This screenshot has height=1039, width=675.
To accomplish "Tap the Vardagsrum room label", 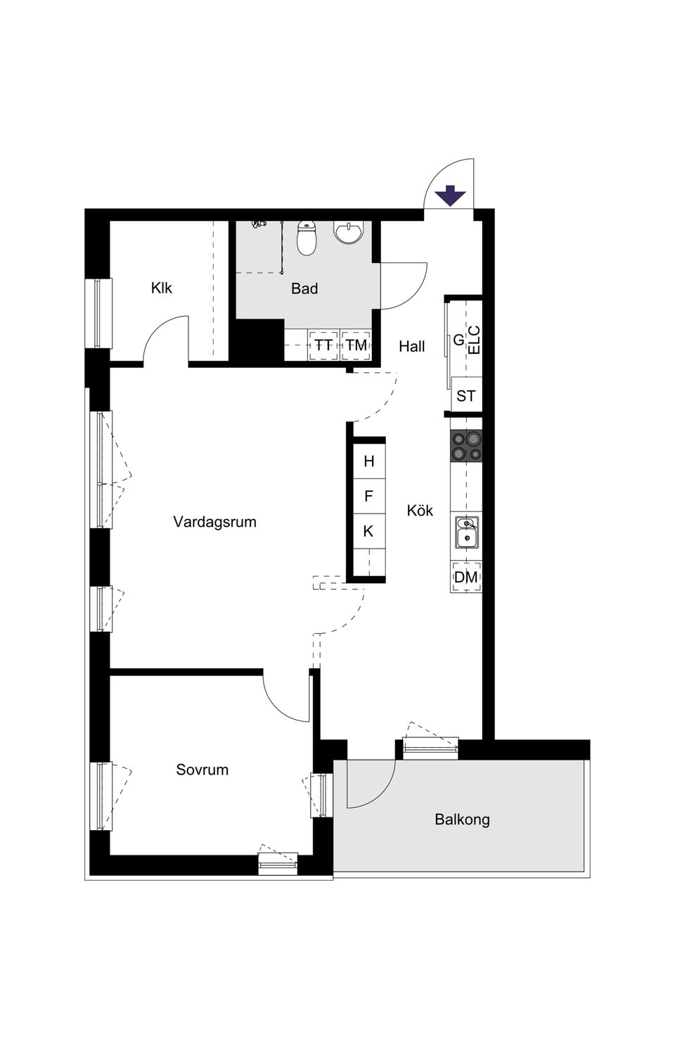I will coord(214,522).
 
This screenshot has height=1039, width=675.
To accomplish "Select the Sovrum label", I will coord(202,770).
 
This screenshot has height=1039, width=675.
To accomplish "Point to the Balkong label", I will coord(462,819).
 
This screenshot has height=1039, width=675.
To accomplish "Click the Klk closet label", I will coord(161,288).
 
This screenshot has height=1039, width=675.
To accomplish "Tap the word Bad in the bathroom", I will coord(304,288).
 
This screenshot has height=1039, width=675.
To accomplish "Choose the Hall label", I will coord(412,346).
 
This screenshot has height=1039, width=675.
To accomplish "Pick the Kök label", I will coord(420,511).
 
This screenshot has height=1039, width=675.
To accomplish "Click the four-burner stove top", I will coord(467,446).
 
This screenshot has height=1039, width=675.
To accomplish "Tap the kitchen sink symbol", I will coord(466,532).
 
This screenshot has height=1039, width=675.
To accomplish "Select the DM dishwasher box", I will coord(466,578).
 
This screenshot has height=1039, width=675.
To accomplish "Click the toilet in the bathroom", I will coord(307,238).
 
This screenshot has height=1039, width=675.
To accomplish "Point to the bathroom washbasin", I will coord(349,232).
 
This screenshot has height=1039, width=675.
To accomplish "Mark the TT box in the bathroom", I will coord(323,345).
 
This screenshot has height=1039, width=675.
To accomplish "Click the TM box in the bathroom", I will coord(356,345).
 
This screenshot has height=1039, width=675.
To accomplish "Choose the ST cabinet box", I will coord(466,396).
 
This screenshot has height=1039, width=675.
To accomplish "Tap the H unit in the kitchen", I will coord(368,461).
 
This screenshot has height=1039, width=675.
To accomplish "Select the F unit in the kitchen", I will coord(368,497).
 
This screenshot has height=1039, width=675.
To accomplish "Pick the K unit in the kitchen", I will coord(368,531).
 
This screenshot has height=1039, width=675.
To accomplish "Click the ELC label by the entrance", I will coord(475,339).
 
